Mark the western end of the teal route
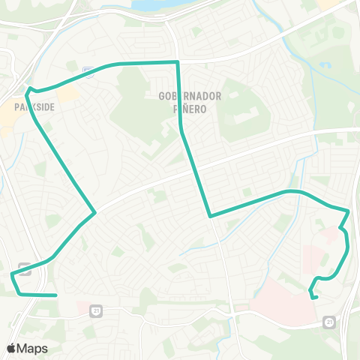click(x=56, y=295)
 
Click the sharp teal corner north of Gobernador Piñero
click(x=177, y=62)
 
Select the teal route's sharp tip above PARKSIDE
click(x=28, y=91)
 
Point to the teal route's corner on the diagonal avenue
click(x=94, y=212)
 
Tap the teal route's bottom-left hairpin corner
click(x=12, y=277)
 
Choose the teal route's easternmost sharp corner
click(x=349, y=211)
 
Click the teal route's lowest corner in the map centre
click(x=210, y=216)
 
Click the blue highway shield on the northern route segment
click(x=88, y=70)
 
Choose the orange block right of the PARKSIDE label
click(x=67, y=93)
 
